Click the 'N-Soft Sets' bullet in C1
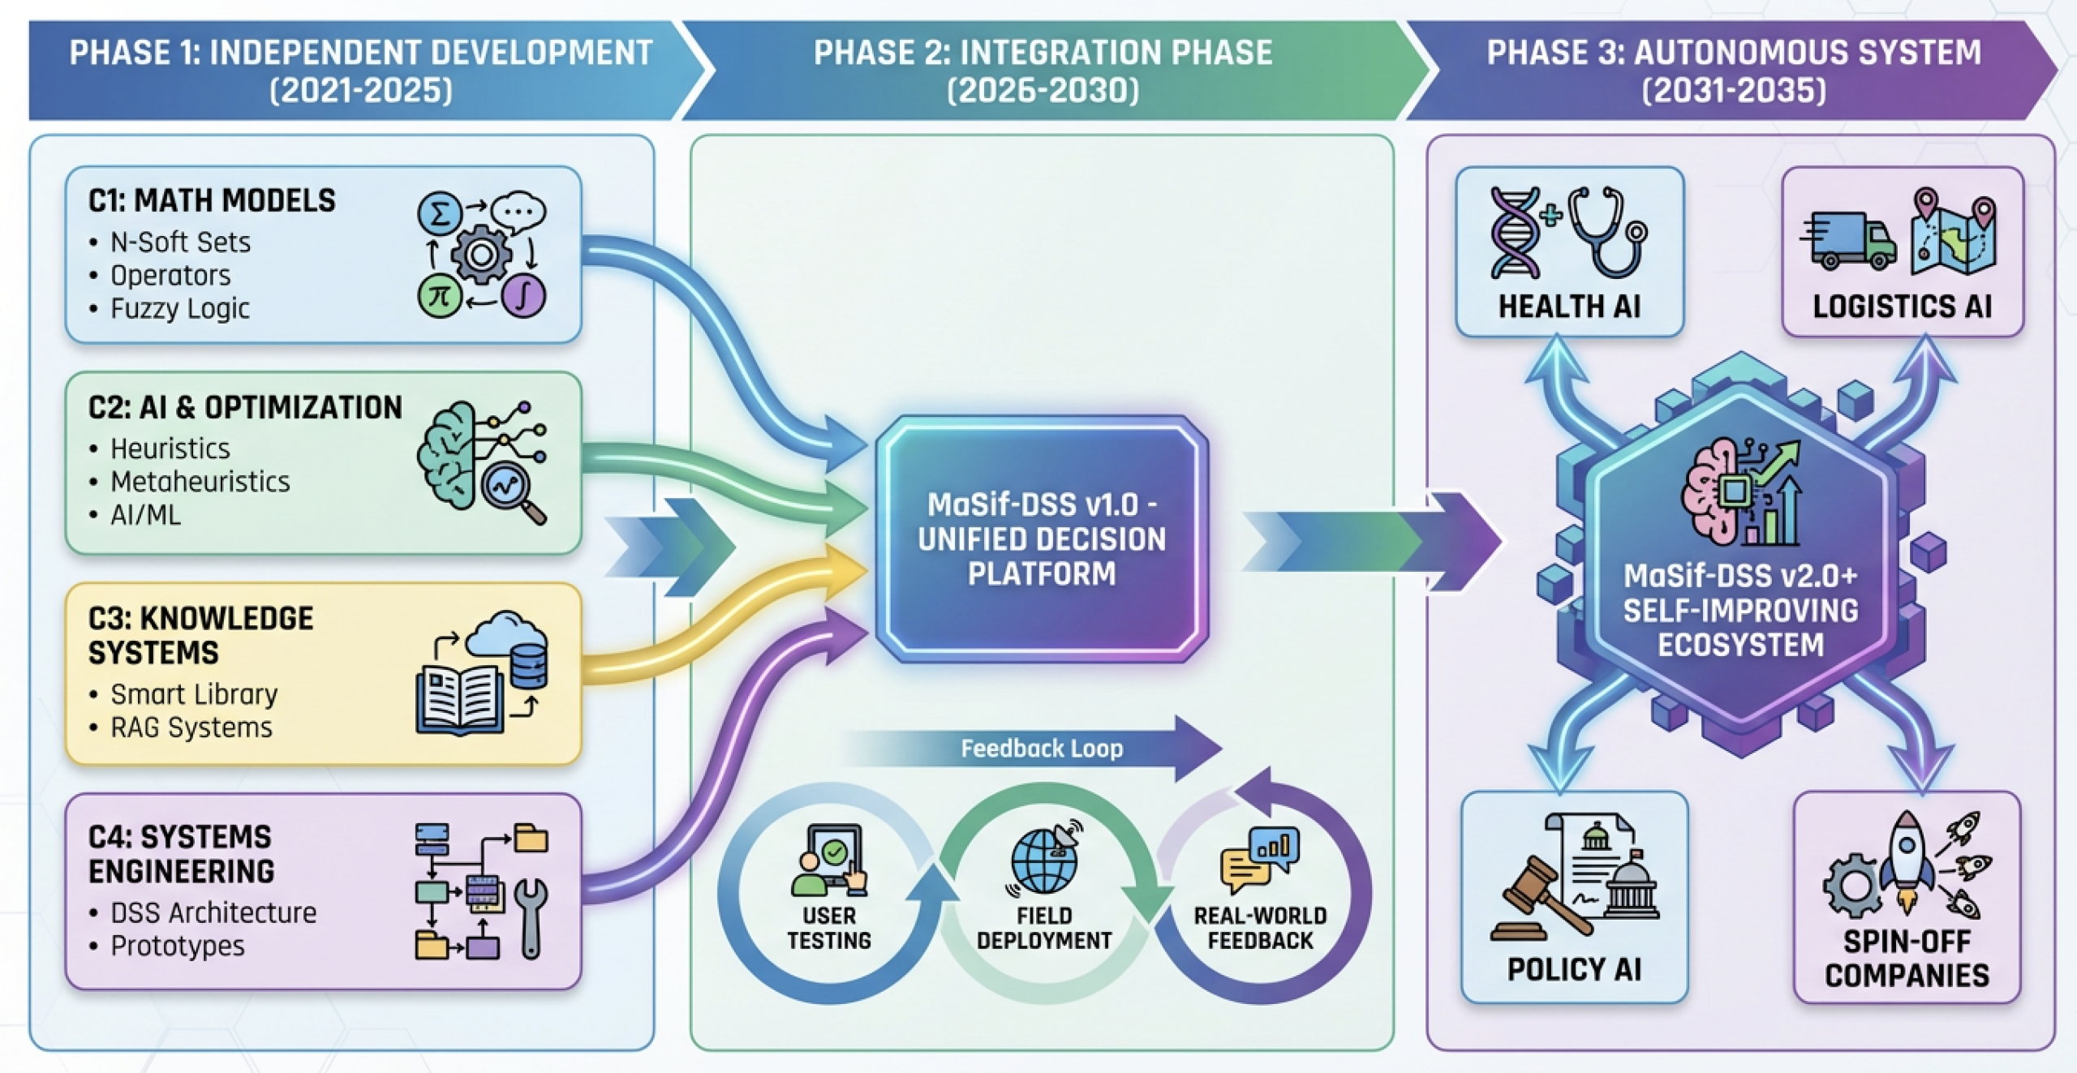point(180,242)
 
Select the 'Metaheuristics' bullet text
point(200,482)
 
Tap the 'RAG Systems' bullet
point(191,727)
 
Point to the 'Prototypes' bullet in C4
point(178,946)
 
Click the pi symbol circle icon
point(440,296)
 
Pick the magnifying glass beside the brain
point(510,489)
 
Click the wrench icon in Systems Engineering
point(531,916)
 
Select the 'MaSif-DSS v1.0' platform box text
point(1042,539)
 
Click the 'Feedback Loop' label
point(1042,748)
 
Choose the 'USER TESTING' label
point(828,928)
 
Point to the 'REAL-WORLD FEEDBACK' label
point(1259,928)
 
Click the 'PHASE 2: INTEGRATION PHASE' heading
point(1043,53)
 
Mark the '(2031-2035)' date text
point(1734,89)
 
